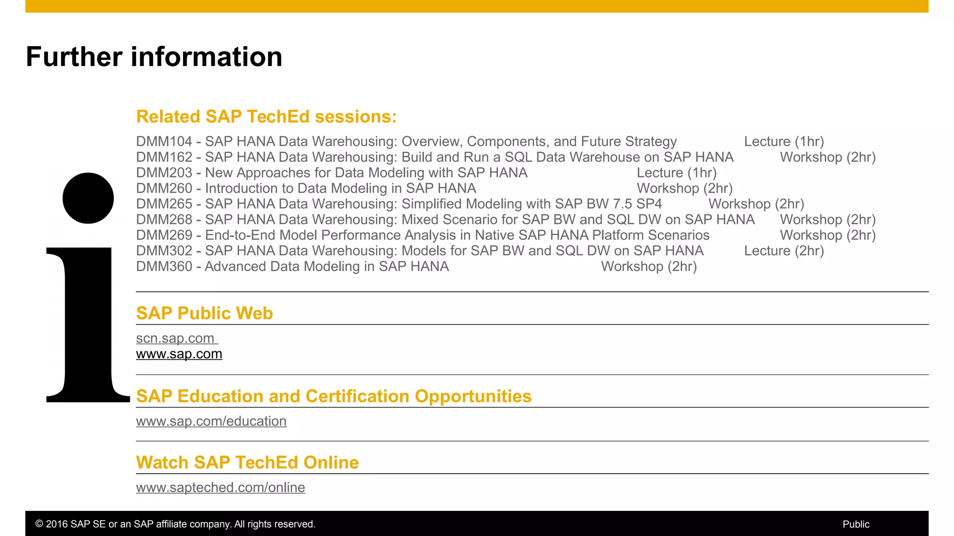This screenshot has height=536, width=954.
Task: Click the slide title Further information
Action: coord(154,57)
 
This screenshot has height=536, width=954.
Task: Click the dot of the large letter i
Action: coord(88,198)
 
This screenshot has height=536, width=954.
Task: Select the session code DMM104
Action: coord(164,141)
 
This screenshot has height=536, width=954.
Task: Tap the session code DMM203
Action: coord(164,173)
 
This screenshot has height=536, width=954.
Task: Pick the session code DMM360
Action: coord(164,267)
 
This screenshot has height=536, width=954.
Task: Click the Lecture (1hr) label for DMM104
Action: coord(784,141)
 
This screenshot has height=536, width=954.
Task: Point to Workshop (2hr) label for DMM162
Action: coord(828,157)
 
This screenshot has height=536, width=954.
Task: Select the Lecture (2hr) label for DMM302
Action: coord(784,251)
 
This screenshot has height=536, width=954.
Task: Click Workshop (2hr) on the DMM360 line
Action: coord(649,267)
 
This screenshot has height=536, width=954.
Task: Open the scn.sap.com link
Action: coord(175,338)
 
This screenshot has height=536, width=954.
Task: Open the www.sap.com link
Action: coord(179,354)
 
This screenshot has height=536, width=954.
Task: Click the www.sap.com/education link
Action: coord(211,421)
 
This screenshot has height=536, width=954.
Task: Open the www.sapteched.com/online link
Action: coord(220,488)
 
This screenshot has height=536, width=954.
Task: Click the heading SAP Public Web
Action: coord(204,313)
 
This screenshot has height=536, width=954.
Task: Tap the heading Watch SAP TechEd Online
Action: coord(247,462)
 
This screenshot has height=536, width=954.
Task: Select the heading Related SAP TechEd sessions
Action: coord(266,116)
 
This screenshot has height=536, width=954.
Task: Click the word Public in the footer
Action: coord(856,524)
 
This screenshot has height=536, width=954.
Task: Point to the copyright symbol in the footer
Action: coord(39,524)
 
